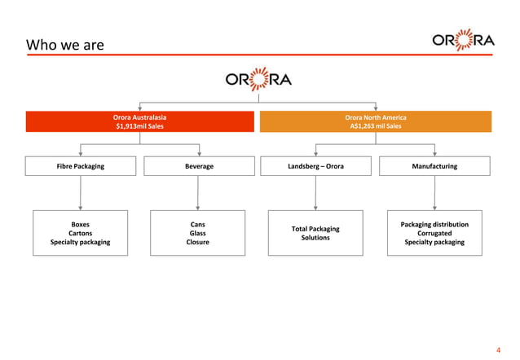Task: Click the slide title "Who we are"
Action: click(x=65, y=45)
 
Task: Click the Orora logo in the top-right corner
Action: click(x=463, y=41)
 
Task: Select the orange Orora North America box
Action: click(x=376, y=121)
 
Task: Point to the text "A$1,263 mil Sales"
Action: click(x=376, y=126)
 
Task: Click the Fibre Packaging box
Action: click(x=80, y=166)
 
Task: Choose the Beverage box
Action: click(x=199, y=166)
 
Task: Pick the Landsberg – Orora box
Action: click(x=315, y=166)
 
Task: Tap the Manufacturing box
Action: click(x=434, y=166)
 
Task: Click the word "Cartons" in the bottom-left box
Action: click(x=80, y=233)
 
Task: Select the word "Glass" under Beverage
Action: click(x=198, y=233)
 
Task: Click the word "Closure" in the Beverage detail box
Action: click(x=198, y=242)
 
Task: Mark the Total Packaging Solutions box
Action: click(x=315, y=233)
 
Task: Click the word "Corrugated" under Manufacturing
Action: click(x=434, y=233)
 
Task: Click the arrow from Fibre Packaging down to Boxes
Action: click(x=80, y=193)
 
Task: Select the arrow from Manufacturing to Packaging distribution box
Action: click(x=434, y=193)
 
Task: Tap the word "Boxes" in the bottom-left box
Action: click(x=80, y=224)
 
